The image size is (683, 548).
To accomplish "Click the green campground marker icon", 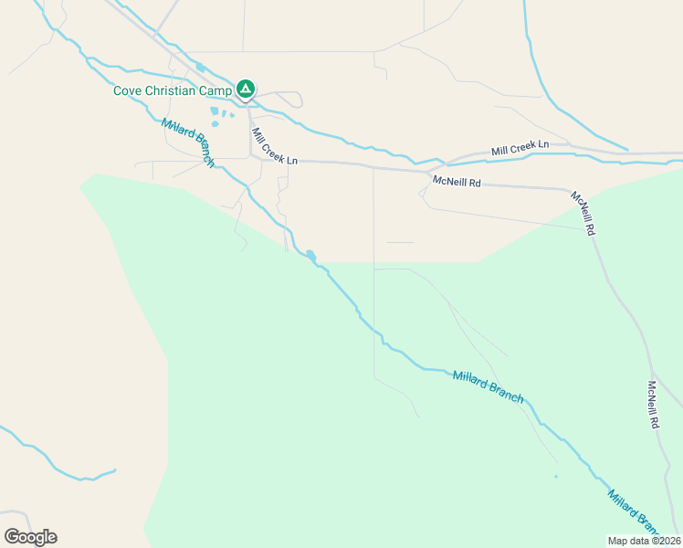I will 245,89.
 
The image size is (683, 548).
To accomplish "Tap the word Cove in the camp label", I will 128,90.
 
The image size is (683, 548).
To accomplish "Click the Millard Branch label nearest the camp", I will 187,142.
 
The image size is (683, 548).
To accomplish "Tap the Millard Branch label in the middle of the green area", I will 488,386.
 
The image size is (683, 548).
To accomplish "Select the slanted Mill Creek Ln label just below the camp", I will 274,146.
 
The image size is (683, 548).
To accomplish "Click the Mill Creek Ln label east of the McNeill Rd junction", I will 520,146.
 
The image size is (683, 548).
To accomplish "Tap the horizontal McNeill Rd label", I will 457,182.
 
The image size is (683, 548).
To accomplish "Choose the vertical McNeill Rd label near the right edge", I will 654,405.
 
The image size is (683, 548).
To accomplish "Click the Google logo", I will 30,537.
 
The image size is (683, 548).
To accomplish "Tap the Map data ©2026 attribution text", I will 644,541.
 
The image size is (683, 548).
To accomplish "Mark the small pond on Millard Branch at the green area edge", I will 311,256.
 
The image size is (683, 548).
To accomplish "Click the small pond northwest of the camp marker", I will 200,67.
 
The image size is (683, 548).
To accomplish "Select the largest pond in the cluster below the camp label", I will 215,112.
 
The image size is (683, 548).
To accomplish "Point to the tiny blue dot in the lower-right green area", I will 555,476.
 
